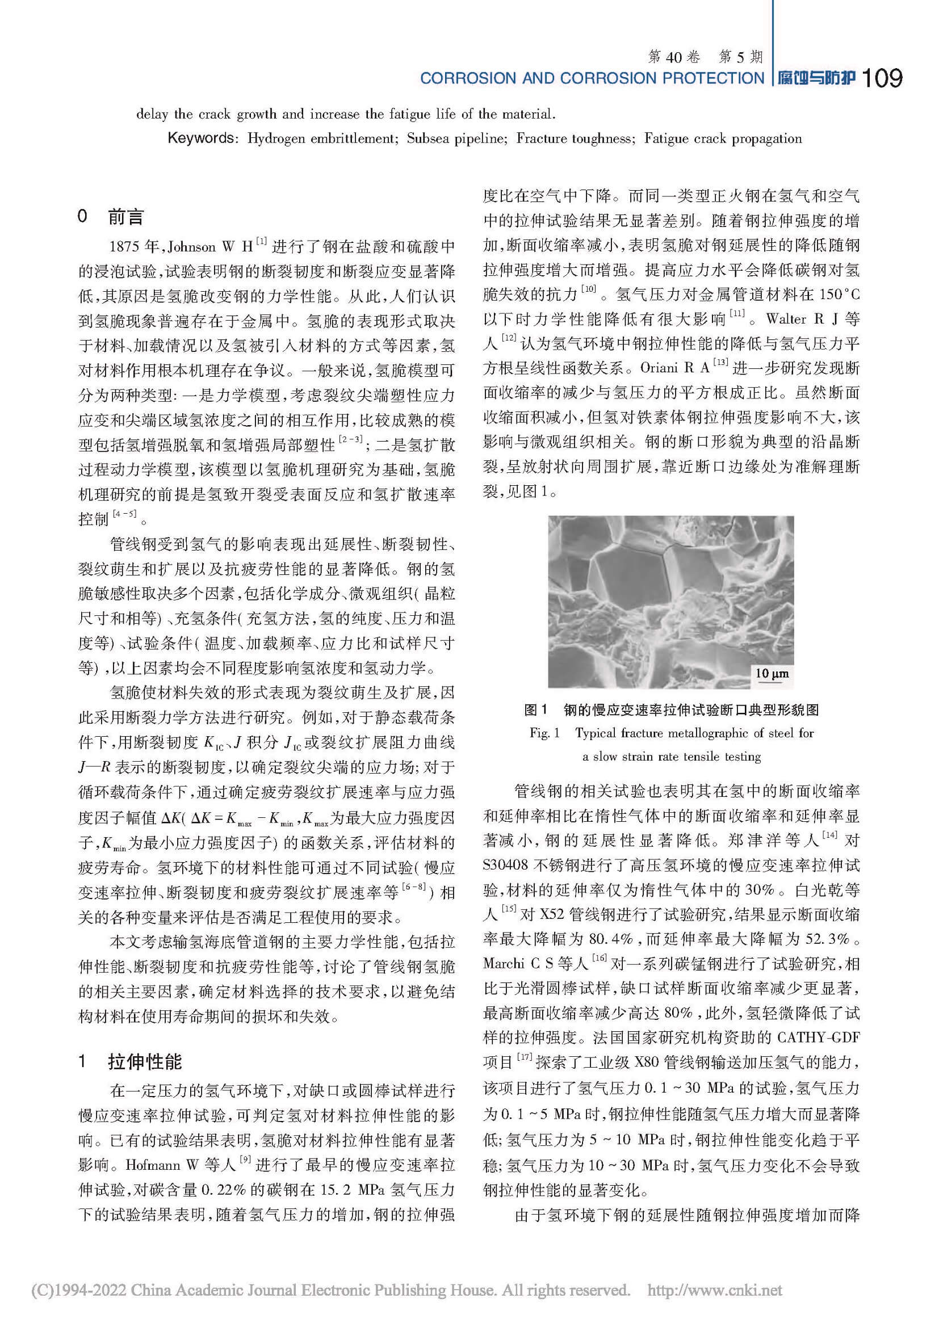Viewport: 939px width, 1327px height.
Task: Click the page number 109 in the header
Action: point(881,78)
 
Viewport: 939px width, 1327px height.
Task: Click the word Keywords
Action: point(200,138)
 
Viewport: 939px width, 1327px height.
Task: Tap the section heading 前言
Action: point(125,217)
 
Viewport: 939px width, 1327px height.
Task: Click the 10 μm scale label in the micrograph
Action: point(772,673)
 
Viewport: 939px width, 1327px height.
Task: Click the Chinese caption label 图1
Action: point(535,709)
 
